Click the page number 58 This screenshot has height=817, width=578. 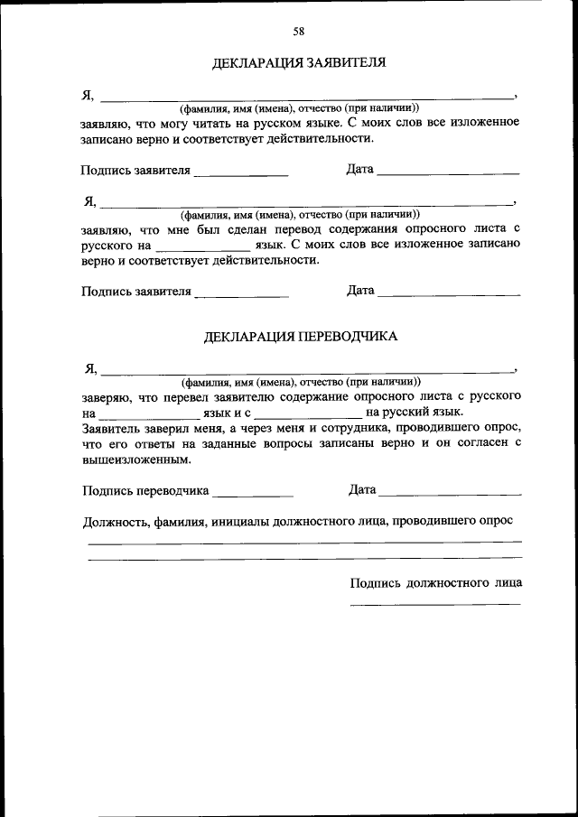pos(298,31)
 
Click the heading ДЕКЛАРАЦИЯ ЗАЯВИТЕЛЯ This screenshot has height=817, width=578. pos(299,63)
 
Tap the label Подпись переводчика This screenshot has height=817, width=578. pos(145,491)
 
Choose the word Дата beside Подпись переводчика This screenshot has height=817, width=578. pos(361,490)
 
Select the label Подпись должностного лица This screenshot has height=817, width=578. pos(435,582)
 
